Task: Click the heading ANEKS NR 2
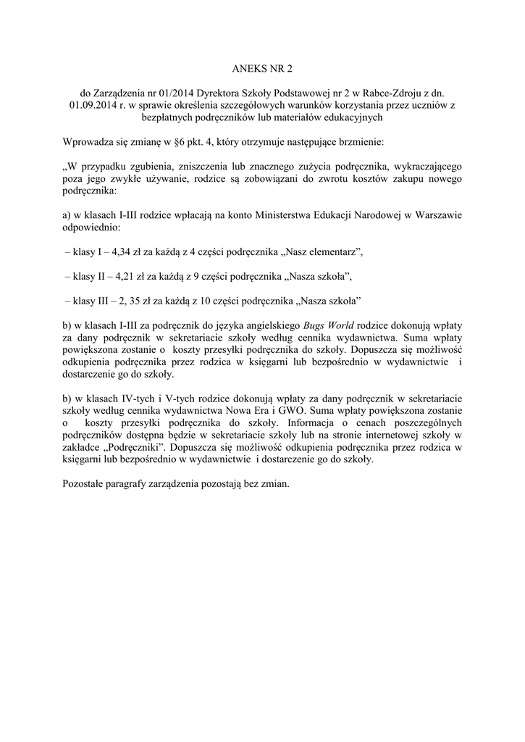coord(262,70)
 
